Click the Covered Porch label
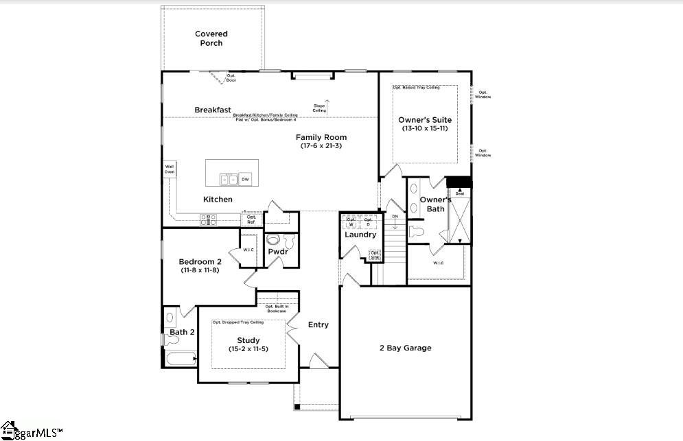(x=211, y=38)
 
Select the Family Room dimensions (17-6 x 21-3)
(x=321, y=146)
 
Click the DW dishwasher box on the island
(x=245, y=180)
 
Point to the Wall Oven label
(x=169, y=169)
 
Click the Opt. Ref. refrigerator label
(x=251, y=219)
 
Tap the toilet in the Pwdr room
(x=273, y=241)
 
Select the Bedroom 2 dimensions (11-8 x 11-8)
(x=200, y=270)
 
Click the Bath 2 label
(x=183, y=332)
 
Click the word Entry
(x=319, y=324)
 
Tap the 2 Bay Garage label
(x=405, y=348)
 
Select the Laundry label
(x=360, y=235)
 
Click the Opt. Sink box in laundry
(x=375, y=254)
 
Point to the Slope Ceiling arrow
(x=327, y=106)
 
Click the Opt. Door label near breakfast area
(x=231, y=78)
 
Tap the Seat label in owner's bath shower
(x=460, y=193)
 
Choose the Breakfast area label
(x=212, y=110)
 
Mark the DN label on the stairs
(x=395, y=217)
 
